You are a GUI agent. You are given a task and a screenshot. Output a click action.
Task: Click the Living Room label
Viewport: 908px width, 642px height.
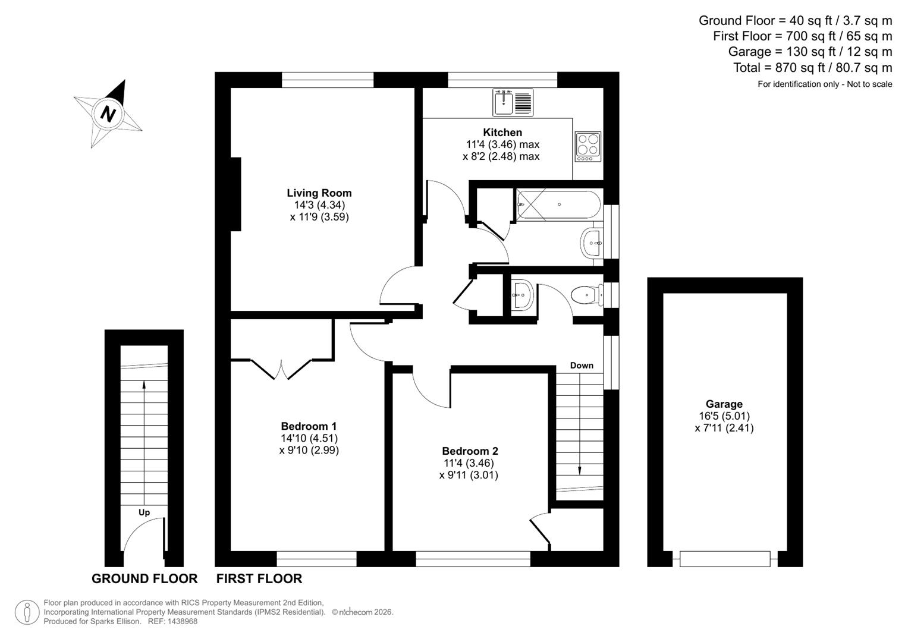(319, 193)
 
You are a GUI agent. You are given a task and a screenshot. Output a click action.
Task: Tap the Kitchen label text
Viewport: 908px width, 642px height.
(502, 133)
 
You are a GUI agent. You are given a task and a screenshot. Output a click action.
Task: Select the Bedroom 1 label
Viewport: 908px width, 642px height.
(309, 426)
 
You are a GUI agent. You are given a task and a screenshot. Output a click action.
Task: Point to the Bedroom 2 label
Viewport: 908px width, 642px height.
(470, 451)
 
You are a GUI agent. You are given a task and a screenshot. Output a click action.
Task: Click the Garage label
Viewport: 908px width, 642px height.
(724, 404)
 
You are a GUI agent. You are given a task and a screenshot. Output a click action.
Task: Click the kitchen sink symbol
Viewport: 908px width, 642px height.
(513, 102)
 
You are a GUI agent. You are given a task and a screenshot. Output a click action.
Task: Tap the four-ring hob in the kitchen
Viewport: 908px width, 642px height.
(587, 146)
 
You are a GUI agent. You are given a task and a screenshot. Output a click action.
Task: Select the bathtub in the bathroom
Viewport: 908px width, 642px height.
(559, 205)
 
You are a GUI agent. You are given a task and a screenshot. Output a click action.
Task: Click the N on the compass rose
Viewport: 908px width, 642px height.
(108, 113)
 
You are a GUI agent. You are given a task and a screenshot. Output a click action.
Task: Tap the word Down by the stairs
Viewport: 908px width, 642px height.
(582, 366)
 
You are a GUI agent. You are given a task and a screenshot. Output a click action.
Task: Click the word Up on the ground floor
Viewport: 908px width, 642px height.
(144, 512)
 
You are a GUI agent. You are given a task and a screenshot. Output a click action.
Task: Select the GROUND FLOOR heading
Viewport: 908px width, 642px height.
(144, 578)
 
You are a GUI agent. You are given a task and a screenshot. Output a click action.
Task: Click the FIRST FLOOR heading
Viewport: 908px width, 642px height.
(259, 578)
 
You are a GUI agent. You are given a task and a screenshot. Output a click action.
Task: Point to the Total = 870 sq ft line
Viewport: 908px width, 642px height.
(812, 68)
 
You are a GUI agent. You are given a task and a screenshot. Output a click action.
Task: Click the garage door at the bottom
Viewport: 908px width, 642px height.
(724, 559)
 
